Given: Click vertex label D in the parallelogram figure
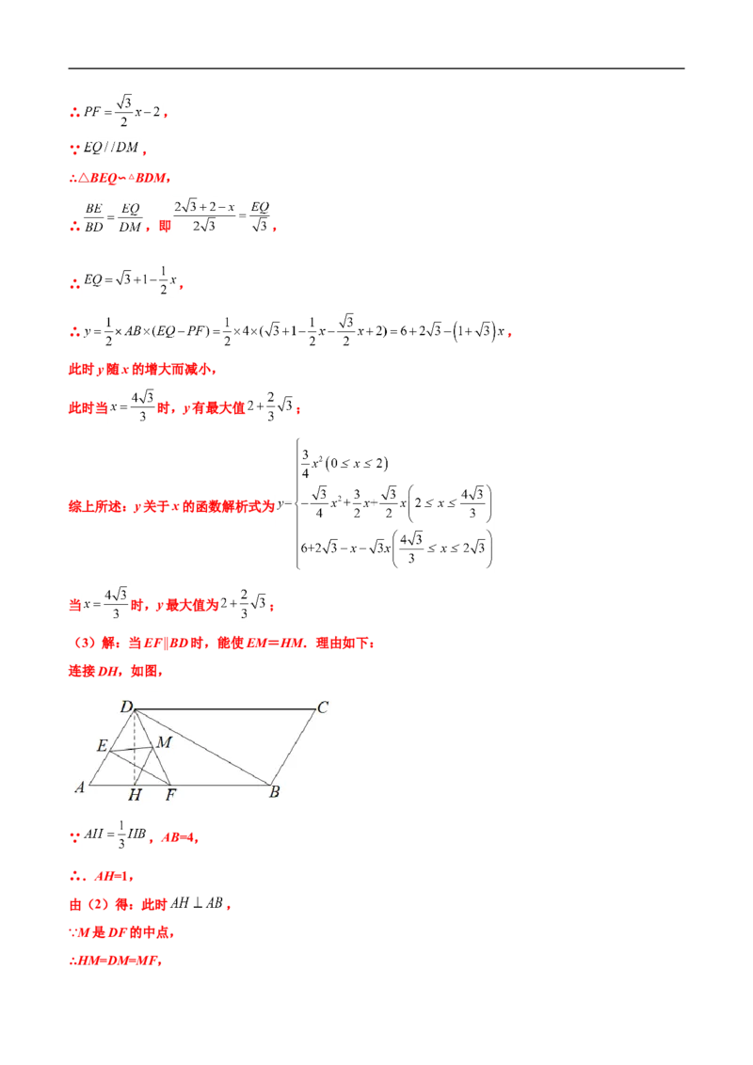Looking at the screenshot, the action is tap(126, 707).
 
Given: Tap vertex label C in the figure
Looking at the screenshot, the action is tap(323, 707).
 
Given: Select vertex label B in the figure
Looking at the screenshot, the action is tap(275, 792).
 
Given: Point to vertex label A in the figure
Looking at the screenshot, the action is tap(80, 787).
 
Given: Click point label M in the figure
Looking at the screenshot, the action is tap(165, 741).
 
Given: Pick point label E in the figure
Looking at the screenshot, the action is tap(102, 745).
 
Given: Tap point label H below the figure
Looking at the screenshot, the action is tap(135, 794).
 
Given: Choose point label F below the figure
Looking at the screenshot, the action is tap(170, 794).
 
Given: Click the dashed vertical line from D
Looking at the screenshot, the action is tap(135, 747).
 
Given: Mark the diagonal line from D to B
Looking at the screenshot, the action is tap(202, 747).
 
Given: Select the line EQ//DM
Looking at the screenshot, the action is tap(111, 148).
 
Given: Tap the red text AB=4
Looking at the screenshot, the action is tap(180, 837).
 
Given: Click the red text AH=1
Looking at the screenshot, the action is tap(114, 876).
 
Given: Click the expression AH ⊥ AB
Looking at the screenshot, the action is tap(197, 903).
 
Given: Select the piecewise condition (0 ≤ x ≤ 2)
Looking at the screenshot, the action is tap(357, 463).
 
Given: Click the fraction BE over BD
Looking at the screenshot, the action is tap(94, 217).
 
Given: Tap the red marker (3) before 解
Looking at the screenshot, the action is tap(85, 643).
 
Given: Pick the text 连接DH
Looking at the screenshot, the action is tap(94, 671).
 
